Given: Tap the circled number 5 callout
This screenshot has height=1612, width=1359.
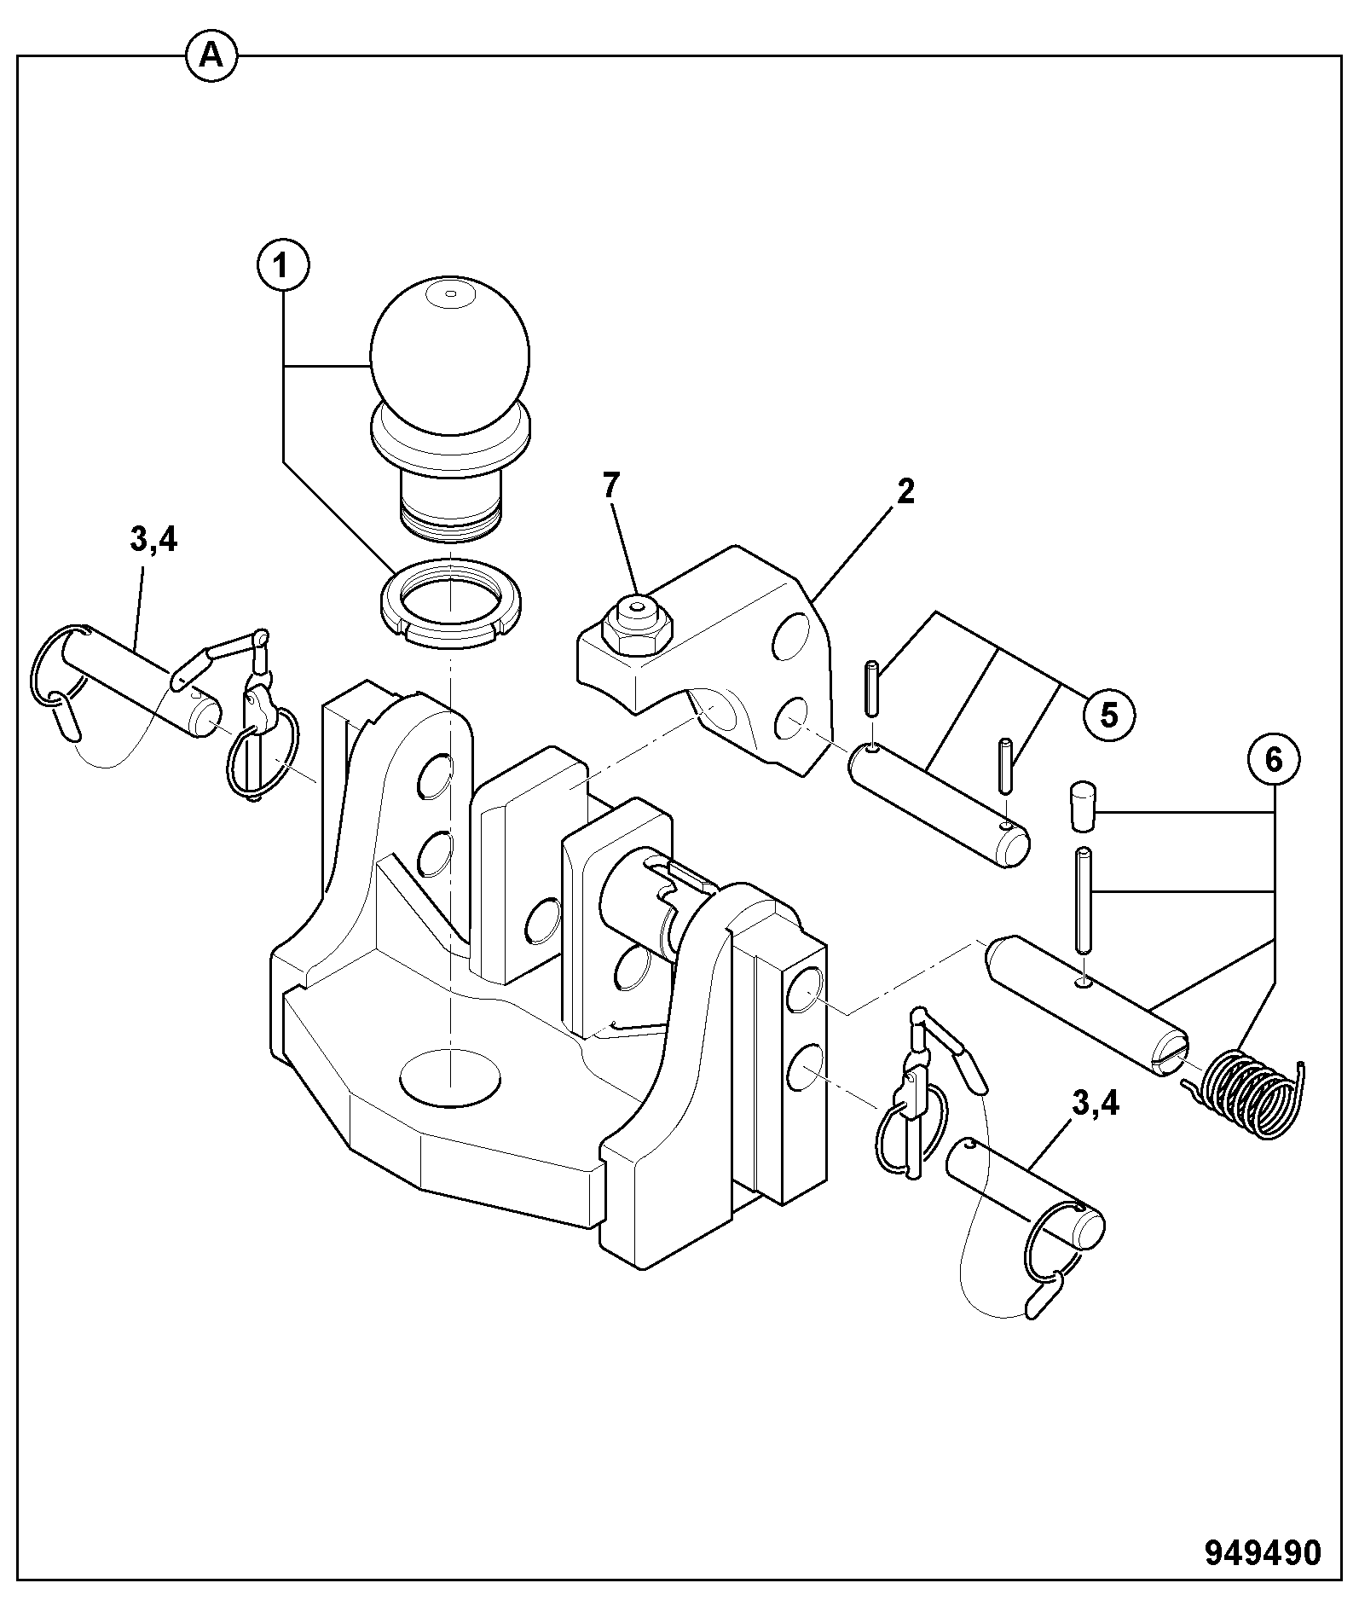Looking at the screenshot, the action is click(x=1108, y=715).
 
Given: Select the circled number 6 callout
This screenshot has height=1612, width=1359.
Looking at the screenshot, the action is click(x=1273, y=760).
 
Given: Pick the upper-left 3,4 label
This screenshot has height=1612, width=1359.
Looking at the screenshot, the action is click(x=153, y=541).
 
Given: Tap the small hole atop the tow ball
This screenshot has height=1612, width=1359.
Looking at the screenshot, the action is click(x=451, y=295).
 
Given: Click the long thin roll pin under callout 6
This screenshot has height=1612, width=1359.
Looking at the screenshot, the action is click(x=1084, y=899).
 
